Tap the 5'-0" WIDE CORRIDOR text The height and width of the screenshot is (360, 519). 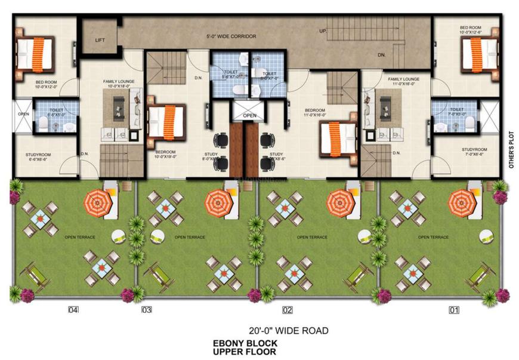tap(231, 36)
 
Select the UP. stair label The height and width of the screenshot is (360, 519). tap(323, 30)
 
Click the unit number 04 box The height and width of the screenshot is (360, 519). tap(73, 310)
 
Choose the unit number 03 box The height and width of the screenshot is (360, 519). tap(147, 310)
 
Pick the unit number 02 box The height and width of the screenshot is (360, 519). tap(288, 310)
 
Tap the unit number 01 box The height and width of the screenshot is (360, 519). tap(455, 310)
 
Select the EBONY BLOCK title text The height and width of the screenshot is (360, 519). tap(245, 344)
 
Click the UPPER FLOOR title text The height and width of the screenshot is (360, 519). tap(245, 352)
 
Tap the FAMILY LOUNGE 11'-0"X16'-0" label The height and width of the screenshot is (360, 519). tap(404, 81)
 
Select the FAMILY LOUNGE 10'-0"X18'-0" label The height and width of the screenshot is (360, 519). tap(119, 84)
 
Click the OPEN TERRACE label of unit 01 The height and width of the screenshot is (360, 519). tap(433, 237)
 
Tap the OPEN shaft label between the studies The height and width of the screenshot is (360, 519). tap(249, 115)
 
